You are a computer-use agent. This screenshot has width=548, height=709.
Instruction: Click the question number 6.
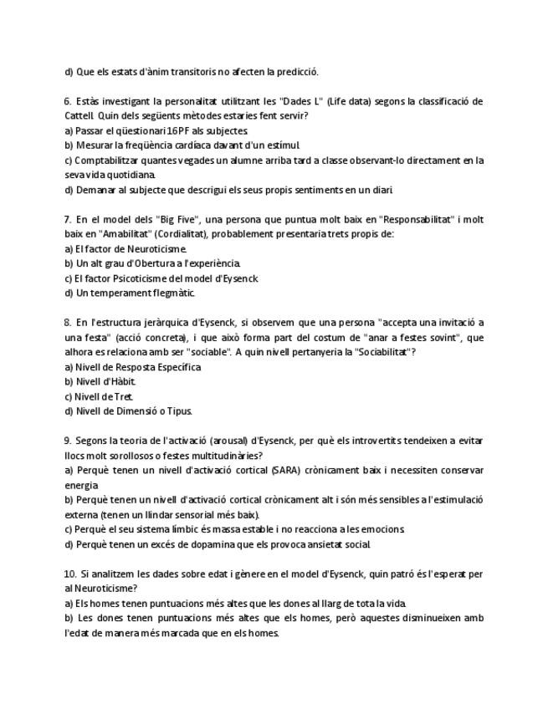point(68,101)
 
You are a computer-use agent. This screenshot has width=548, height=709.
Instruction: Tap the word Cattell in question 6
point(80,116)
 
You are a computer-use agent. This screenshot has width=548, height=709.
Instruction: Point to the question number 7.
point(68,219)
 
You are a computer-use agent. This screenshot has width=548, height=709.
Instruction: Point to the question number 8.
point(68,323)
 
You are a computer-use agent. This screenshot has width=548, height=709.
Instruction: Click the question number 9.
point(68,441)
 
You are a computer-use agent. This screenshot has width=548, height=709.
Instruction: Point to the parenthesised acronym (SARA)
point(285,470)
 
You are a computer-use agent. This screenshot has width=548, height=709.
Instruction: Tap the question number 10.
point(70,574)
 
